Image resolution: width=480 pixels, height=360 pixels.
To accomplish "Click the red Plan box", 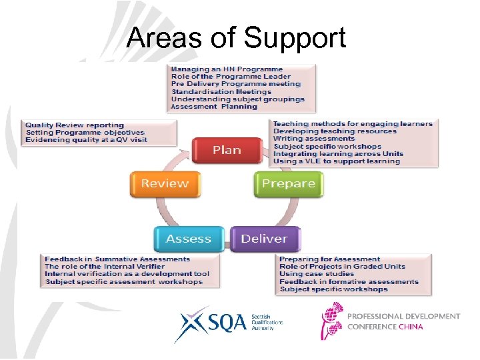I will click(227, 151).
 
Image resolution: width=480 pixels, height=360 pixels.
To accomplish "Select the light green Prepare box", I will click(288, 184).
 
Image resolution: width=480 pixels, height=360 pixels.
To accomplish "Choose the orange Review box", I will click(165, 184).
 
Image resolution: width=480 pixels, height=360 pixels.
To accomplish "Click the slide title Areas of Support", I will click(236, 38).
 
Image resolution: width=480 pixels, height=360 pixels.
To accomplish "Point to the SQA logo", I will click(211, 323).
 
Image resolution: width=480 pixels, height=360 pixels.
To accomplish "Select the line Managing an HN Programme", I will click(227, 69).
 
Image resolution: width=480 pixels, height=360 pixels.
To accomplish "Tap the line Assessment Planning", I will click(214, 107).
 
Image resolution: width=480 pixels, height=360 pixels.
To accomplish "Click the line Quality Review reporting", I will click(75, 125).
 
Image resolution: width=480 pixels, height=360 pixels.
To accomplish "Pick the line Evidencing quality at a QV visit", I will click(85, 140).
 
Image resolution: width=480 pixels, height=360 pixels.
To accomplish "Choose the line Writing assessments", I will click(314, 139).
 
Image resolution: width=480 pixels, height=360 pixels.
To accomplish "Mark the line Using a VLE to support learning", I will click(337, 161).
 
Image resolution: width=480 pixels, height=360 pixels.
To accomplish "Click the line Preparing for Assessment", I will click(329, 259).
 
